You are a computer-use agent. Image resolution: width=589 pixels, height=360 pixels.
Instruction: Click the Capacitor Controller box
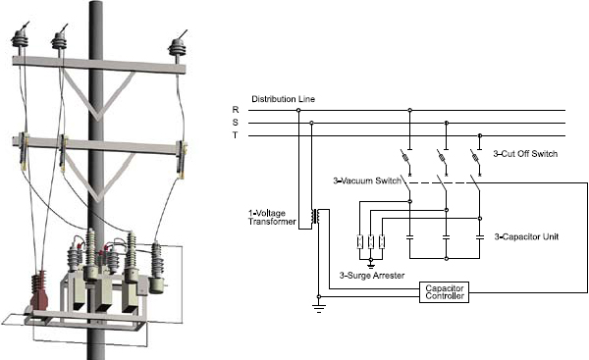pos(444,291)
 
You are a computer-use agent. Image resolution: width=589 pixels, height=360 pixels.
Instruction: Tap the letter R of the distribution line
pos(236,109)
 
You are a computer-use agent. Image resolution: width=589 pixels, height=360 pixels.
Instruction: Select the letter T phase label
pos(236,134)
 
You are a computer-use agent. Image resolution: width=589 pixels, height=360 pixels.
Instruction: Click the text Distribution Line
pos(284,99)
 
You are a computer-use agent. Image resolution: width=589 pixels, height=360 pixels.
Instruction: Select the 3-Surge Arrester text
pos(371,275)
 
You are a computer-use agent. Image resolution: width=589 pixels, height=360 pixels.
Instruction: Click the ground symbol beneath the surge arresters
pos(371,261)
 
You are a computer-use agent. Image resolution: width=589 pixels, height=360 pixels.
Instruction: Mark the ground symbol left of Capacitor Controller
pos(316,307)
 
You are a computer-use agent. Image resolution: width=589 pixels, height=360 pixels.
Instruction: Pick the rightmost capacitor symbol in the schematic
pos(479,236)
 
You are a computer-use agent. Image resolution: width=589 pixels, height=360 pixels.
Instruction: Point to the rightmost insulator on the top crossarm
pos(178,46)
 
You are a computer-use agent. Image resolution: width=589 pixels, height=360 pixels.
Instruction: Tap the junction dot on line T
pos(479,135)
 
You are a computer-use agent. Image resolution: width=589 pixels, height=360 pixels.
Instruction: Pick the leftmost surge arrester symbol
pos(360,242)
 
